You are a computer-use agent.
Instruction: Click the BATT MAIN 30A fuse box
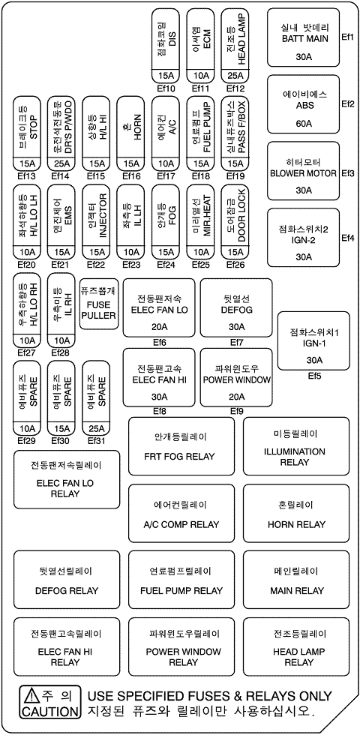point(303,37)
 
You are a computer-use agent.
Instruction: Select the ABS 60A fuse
point(303,104)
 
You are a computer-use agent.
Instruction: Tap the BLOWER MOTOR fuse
point(303,171)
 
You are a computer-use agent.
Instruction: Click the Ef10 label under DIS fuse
point(166,88)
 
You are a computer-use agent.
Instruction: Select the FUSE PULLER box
point(98,303)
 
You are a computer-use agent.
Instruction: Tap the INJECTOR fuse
point(96,222)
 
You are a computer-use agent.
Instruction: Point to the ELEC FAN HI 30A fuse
point(159,377)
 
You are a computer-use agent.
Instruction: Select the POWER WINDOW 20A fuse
point(236,377)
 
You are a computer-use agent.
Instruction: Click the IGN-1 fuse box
point(313,340)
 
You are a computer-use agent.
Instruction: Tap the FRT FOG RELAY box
point(181,446)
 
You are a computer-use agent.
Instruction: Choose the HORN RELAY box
point(296,514)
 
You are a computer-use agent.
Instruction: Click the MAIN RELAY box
point(296,580)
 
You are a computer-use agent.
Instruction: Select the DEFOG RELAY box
point(67,580)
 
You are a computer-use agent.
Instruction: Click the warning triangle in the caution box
point(31,694)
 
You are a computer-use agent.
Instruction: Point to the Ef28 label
point(61,352)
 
